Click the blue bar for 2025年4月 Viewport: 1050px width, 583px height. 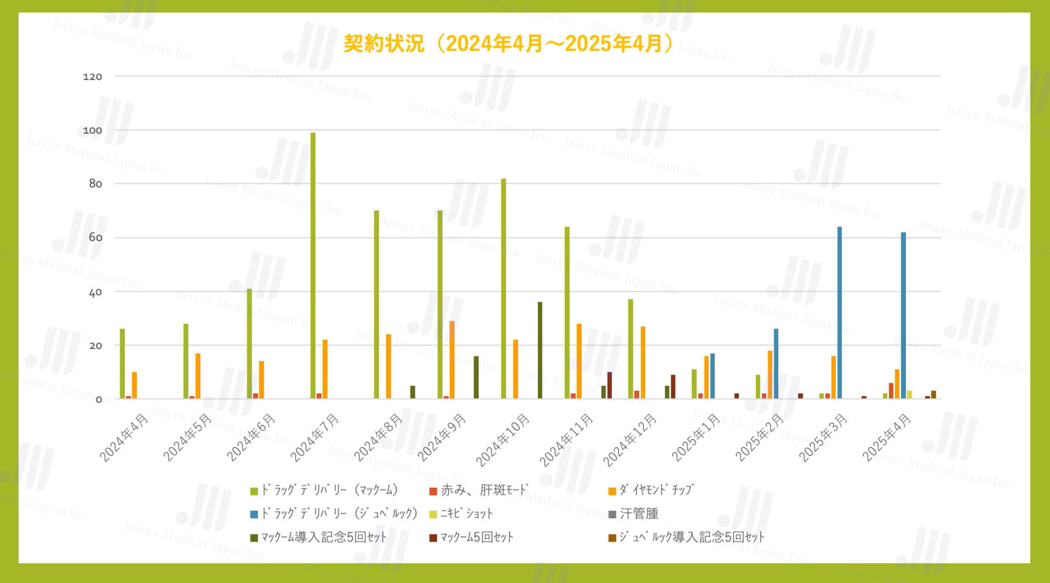pos(903,315)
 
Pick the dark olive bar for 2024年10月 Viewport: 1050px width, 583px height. pos(540,350)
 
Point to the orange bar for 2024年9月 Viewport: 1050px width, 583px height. pos(452,359)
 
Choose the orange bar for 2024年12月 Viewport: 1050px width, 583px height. pos(643,362)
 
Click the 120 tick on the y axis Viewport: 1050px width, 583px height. pos(92,76)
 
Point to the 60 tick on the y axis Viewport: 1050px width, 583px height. pos(95,238)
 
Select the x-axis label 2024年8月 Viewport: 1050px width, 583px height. pos(378,438)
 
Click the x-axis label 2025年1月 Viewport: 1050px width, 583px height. pos(696,438)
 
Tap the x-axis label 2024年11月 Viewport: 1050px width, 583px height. pos(566,441)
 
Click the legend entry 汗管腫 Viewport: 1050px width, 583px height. pos(638,514)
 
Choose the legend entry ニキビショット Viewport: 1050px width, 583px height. pos(466,514)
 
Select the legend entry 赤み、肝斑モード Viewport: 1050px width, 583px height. pos(484,490)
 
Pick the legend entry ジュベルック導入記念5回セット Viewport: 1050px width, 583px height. pos(691,537)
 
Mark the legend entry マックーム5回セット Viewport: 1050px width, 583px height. pos(476,537)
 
